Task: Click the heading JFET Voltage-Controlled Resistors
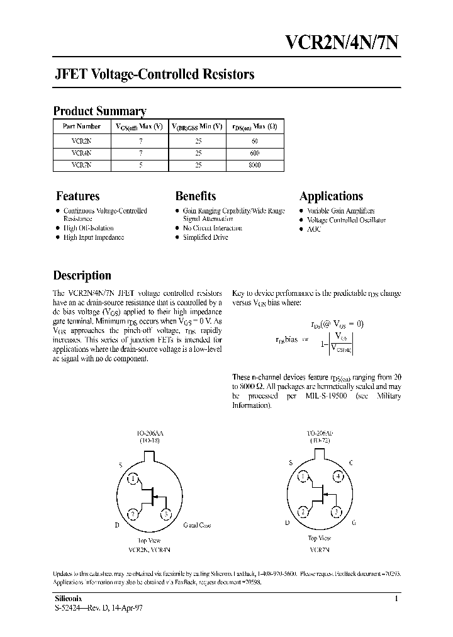154,74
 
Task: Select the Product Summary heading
99,111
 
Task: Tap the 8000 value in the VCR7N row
254,165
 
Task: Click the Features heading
77,196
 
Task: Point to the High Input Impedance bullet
94,237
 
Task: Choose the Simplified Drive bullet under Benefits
205,237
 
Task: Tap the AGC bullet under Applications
314,229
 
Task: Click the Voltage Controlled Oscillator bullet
346,220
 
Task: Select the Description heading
82,275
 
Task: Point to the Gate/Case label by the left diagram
197,525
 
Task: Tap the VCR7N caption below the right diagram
320,550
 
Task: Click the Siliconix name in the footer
65,599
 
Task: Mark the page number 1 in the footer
396,599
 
